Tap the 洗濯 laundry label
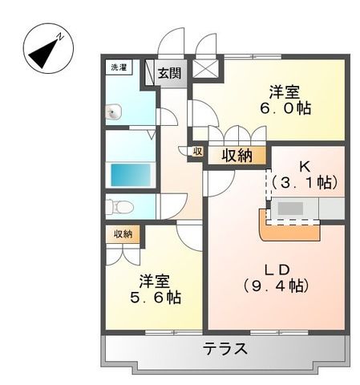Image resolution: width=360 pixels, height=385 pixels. tap(119, 68)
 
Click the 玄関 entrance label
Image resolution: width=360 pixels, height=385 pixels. tap(168, 74)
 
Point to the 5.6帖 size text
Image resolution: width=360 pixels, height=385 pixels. tap(156, 298)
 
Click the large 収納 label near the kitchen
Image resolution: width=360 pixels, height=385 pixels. tap(238, 156)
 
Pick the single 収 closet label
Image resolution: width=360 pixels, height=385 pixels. tap(196, 151)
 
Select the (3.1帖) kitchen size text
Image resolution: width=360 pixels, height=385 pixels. tap(304, 183)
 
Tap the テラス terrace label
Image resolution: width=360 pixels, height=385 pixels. tap(224, 350)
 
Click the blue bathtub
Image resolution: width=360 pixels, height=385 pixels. tap(132, 174)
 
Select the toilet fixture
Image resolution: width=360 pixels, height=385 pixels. tap(120, 207)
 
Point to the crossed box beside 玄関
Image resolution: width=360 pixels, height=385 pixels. tap(207, 69)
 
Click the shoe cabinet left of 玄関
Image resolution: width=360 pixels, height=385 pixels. tap(149, 74)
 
